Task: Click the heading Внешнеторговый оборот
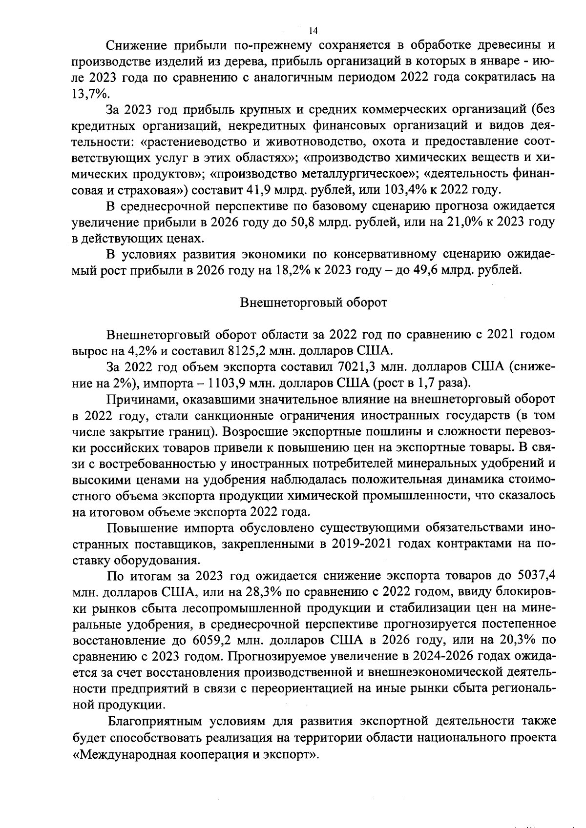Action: tap(314, 303)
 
